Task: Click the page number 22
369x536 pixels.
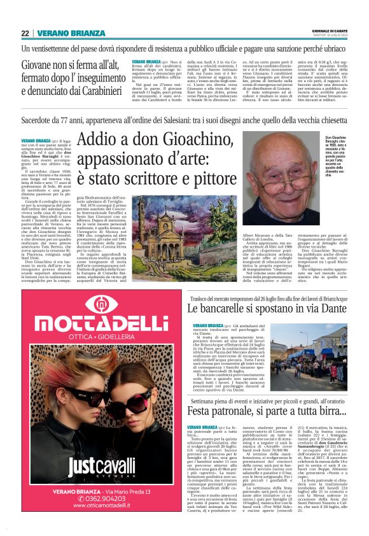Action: coord(25,33)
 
